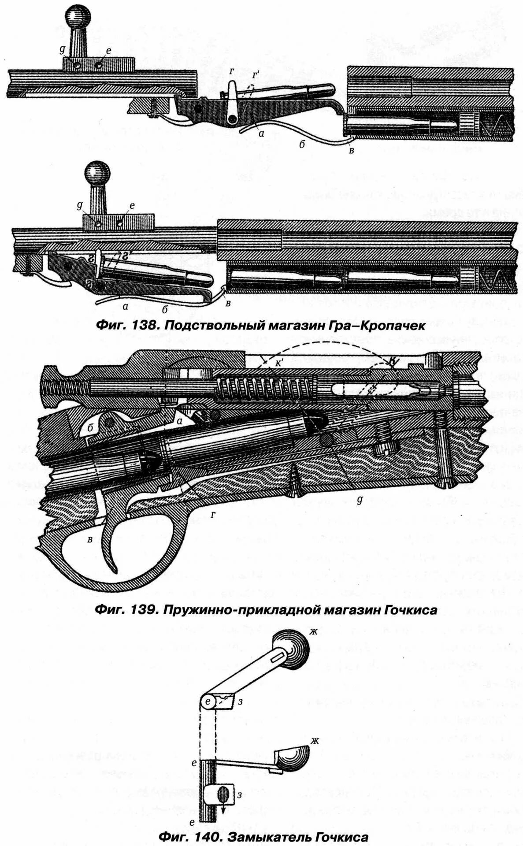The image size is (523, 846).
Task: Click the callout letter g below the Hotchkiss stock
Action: pyautogui.click(x=360, y=500)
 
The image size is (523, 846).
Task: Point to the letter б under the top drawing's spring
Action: pyautogui.click(x=302, y=144)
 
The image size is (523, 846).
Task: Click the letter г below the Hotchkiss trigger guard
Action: pyautogui.click(x=213, y=514)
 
